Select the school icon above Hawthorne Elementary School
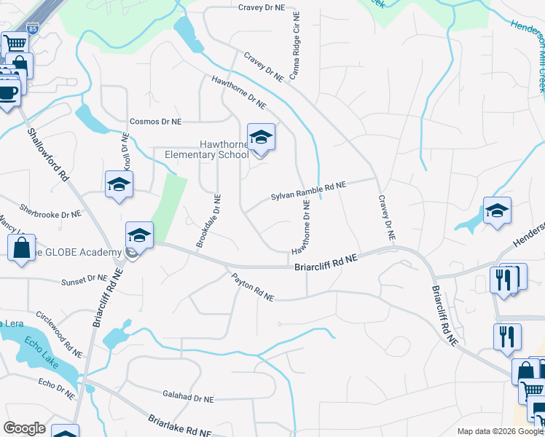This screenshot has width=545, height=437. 261,137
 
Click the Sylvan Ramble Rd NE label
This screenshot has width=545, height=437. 308,192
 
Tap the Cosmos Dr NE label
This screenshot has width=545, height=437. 155,122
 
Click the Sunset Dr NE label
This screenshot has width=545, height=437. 85,279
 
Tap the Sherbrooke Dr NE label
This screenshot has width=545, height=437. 51,210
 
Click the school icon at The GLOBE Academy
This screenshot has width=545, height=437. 139,235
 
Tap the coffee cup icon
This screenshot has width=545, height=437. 8,93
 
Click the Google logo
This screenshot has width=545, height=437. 24,428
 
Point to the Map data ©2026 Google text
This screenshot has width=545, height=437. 500,430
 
